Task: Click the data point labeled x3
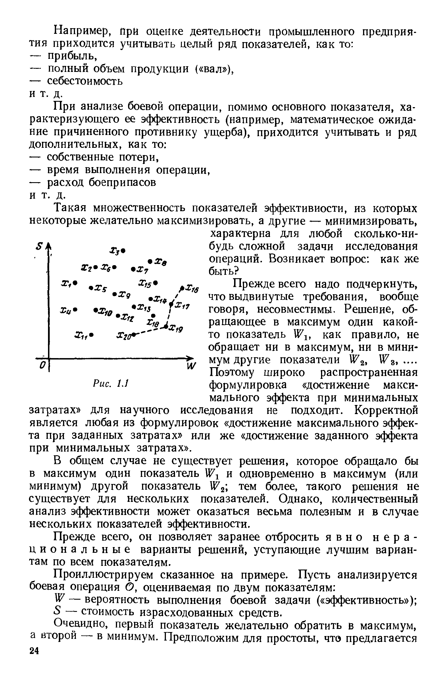(x=124, y=250)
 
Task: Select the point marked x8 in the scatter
(x=150, y=261)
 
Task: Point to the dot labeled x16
(x=182, y=288)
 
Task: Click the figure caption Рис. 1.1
(x=111, y=384)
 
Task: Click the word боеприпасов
(x=122, y=182)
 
